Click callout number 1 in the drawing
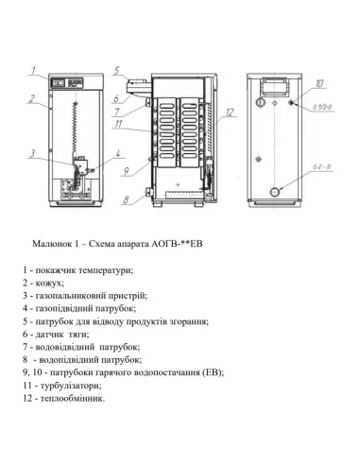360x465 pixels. tap(33, 71)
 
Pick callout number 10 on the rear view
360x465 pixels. tap(319, 83)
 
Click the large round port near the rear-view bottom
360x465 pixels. tap(275, 191)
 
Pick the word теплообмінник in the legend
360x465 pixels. tap(74, 398)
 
